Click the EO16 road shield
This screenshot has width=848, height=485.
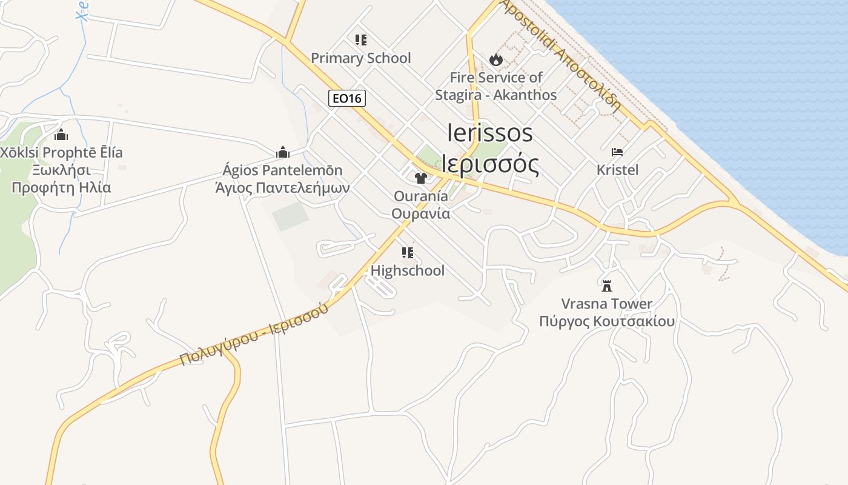[x=347, y=98]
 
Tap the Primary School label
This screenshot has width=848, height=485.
[x=360, y=58]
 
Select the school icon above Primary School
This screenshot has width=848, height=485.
[x=361, y=40]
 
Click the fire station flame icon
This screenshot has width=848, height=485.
[x=496, y=59]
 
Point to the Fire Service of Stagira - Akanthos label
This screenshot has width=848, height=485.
[x=495, y=86]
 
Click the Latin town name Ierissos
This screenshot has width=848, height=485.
[x=490, y=133]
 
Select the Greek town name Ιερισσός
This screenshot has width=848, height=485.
[x=490, y=163]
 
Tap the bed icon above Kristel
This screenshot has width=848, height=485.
[x=617, y=152]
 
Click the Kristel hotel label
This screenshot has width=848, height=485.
[x=617, y=170]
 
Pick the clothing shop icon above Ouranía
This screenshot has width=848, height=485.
[x=420, y=178]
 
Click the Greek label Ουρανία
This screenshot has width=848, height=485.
[x=420, y=213]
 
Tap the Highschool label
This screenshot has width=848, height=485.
[x=407, y=270]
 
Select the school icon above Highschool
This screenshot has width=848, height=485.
[x=408, y=252]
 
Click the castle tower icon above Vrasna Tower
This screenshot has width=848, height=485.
[x=606, y=286]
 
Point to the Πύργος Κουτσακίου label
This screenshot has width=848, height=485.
[x=606, y=321]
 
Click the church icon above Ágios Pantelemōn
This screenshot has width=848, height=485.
[x=282, y=152]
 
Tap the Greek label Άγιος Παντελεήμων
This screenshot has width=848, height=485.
[x=282, y=187]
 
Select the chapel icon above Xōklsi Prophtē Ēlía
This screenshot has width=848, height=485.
[x=61, y=135]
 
